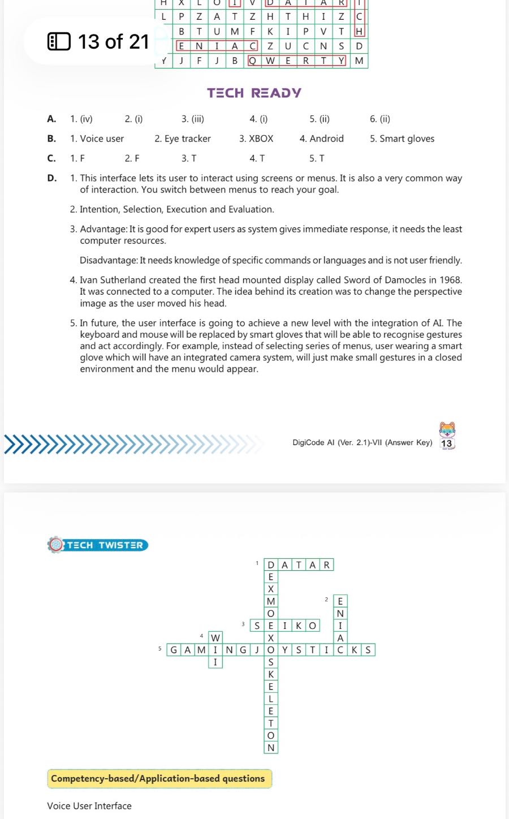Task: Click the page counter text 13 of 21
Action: tap(113, 41)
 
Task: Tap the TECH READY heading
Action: tap(254, 93)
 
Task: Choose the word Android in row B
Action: tap(327, 139)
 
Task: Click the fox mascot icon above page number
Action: tap(447, 429)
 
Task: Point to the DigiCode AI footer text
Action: tap(362, 443)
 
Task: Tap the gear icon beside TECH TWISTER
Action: tap(55, 545)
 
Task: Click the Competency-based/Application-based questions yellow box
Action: tap(158, 779)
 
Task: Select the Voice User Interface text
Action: tap(89, 806)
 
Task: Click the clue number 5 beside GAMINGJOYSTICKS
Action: tap(160, 649)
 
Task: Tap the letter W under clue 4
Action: tap(215, 638)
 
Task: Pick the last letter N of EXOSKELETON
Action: tap(271, 748)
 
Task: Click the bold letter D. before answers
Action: tap(52, 178)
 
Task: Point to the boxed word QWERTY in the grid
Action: tap(297, 61)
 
